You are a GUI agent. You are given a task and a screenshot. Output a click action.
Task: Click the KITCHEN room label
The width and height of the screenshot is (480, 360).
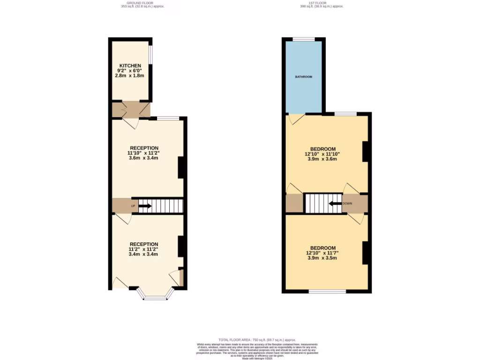pyautogui.click(x=130, y=66)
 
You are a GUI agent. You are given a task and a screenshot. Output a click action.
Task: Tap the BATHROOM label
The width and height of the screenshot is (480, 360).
pyautogui.click(x=303, y=76)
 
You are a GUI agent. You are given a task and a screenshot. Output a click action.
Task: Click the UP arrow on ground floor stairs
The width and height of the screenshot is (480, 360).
pyautogui.click(x=145, y=206)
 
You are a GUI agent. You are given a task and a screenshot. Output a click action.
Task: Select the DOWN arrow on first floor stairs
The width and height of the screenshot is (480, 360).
pyautogui.click(x=335, y=203)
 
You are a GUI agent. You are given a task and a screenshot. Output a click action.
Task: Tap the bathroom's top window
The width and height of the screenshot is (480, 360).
pyautogui.click(x=304, y=39)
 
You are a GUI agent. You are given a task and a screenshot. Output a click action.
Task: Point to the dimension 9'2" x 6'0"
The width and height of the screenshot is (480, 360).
pyautogui.click(x=130, y=70)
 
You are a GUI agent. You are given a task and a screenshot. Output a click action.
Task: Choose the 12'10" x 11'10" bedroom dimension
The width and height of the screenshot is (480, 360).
pyautogui.click(x=322, y=154)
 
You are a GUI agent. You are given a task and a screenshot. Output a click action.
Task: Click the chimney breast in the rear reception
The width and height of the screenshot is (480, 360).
pyautogui.click(x=180, y=167)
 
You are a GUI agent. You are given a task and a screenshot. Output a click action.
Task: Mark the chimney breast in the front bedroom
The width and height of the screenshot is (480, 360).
pyautogui.click(x=366, y=253)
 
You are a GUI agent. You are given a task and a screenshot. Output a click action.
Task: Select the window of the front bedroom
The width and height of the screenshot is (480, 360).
pyautogui.click(x=328, y=292)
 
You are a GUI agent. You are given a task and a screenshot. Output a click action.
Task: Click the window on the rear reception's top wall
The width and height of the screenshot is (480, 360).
pyautogui.click(x=168, y=118)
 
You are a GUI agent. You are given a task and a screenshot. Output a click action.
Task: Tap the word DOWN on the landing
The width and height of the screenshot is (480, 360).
pyautogui.click(x=347, y=203)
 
